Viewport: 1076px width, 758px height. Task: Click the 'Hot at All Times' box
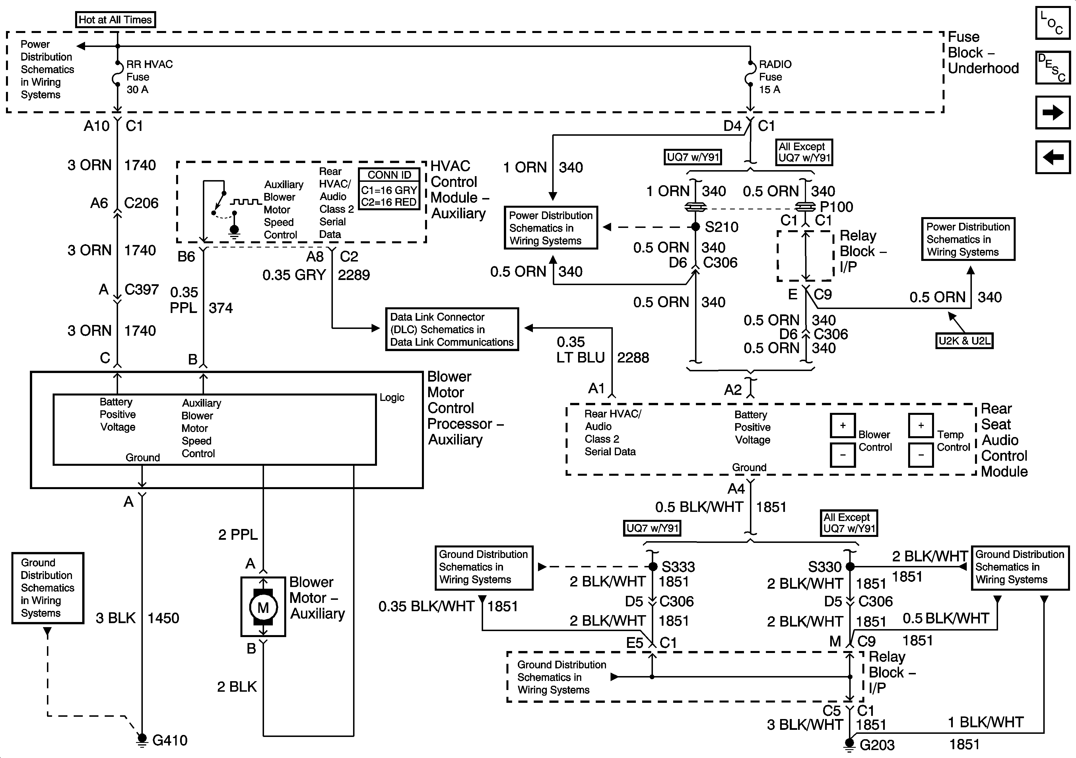tap(115, 20)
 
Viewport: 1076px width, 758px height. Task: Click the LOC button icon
tap(1053, 22)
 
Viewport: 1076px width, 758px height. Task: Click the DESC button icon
tap(1053, 67)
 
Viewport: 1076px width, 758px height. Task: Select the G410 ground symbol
tap(141, 740)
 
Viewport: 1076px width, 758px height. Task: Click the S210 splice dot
tap(696, 227)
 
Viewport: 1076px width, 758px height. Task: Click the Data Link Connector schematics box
tap(452, 329)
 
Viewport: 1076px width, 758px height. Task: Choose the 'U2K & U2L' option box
tap(964, 341)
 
